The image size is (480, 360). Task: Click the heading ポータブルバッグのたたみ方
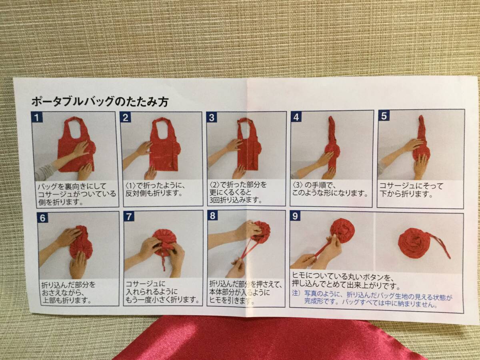tap(100, 102)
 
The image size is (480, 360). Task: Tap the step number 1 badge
tap(37, 117)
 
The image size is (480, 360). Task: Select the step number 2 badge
tap(125, 117)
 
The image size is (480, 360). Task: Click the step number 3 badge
tap(212, 117)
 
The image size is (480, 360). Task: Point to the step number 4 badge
tap(296, 117)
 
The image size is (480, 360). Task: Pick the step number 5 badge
tap(384, 116)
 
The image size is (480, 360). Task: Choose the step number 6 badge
tap(43, 218)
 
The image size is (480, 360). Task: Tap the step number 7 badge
tap(129, 217)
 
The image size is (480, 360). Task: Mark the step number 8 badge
tap(212, 216)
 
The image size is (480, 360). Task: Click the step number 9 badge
tap(295, 216)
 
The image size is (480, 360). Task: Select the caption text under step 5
tap(411, 190)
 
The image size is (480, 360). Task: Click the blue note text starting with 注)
tap(372, 300)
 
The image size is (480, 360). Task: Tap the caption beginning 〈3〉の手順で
tap(330, 189)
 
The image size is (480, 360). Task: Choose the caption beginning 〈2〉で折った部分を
tap(238, 192)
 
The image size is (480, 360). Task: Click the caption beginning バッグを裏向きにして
tap(77, 194)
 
